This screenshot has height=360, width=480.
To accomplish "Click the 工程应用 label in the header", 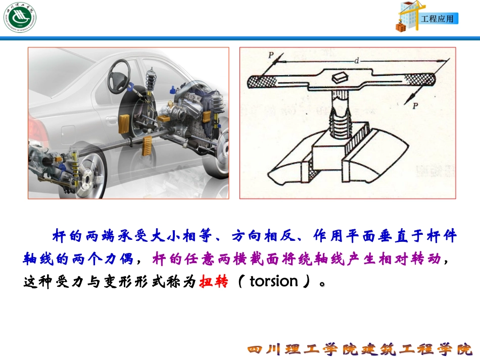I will click(438, 19).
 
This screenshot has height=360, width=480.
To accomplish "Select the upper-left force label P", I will click(271, 54).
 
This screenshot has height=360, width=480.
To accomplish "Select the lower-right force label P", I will click(415, 106).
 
